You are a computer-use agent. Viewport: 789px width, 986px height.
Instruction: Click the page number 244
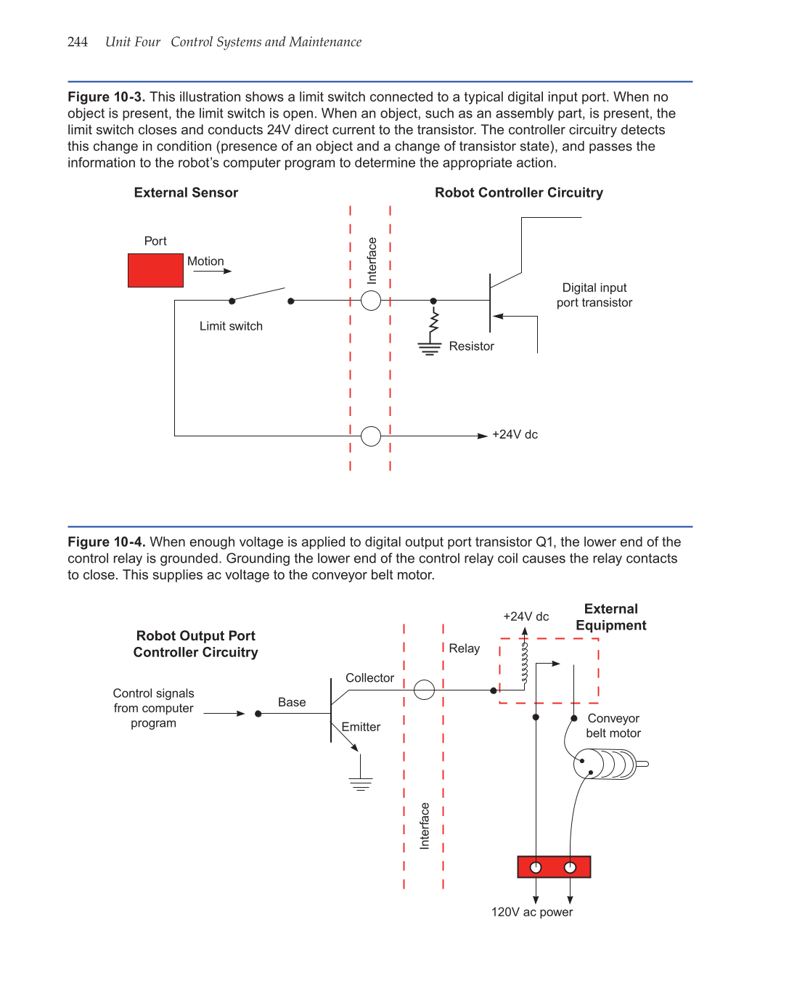click(77, 42)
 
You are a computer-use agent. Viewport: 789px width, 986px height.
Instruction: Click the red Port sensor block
click(155, 270)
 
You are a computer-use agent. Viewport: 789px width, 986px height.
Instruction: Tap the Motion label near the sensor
click(205, 261)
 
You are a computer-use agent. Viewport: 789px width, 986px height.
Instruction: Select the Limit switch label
click(231, 327)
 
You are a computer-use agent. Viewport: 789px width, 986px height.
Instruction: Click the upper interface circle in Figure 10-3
click(371, 301)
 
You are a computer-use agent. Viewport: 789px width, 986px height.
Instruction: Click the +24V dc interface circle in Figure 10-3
click(371, 436)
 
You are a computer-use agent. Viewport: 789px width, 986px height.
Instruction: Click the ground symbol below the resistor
click(430, 349)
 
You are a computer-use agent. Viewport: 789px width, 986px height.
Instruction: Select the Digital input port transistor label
click(594, 296)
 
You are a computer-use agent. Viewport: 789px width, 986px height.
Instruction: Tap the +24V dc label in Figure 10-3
click(515, 435)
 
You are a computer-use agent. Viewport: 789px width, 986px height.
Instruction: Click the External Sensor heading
click(186, 193)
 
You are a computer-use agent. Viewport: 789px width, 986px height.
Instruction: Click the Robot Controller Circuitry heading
click(519, 193)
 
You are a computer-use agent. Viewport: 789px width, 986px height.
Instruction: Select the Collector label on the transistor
click(369, 678)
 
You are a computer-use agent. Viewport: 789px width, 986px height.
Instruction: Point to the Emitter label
click(361, 728)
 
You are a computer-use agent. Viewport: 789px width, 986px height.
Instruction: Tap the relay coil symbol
click(524, 663)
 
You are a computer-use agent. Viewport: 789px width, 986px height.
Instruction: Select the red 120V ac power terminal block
click(554, 867)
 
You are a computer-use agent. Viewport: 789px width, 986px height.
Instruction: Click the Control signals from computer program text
click(154, 709)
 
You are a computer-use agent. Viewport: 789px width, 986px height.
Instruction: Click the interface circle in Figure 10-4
click(424, 690)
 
